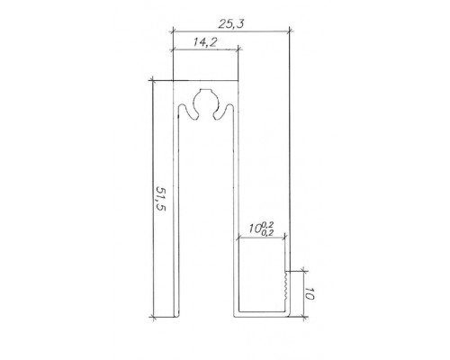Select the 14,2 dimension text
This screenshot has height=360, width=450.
[205, 41]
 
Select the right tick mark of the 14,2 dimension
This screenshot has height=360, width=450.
[239, 52]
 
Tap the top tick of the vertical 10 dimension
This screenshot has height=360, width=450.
[301, 269]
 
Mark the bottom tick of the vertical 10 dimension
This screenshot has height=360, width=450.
[301, 318]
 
